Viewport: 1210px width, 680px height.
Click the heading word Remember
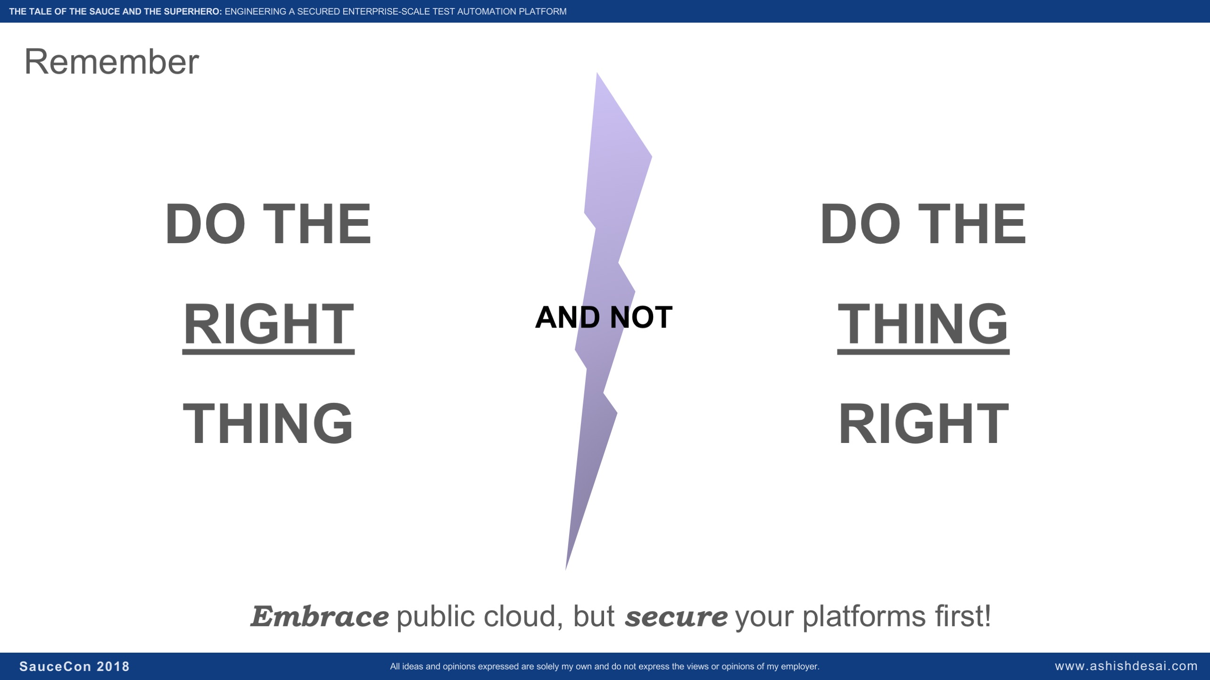111,62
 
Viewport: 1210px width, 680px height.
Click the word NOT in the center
641,317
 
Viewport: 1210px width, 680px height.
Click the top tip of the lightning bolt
597,73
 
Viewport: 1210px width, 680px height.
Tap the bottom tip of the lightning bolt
566,570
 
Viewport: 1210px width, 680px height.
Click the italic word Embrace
320,616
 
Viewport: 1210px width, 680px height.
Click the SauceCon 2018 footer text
75,666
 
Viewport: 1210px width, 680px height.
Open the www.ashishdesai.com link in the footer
1126,666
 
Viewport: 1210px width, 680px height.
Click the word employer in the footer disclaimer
800,666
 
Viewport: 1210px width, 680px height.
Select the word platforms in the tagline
864,616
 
